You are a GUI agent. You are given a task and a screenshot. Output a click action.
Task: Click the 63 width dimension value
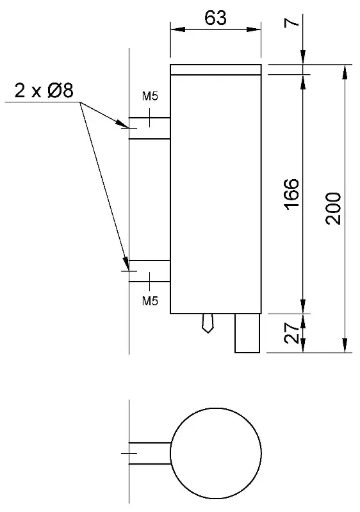215,18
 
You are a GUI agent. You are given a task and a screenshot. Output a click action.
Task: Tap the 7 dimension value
292,22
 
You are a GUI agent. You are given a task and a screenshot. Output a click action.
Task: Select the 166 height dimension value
291,194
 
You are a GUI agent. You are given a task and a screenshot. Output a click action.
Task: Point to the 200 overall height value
333,209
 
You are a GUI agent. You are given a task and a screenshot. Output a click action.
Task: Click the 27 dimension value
291,333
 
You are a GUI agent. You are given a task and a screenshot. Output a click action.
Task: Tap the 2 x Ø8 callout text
44,90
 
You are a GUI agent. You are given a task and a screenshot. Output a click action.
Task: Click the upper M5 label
150,97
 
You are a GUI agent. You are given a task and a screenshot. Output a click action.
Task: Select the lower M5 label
150,301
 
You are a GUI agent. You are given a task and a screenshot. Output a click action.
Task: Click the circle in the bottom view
216,408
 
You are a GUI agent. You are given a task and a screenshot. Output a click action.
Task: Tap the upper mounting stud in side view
150,128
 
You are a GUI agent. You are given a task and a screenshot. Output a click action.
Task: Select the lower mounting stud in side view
150,271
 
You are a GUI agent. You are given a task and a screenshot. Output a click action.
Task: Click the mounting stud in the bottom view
150,453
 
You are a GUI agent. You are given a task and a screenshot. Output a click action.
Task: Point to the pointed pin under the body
208,323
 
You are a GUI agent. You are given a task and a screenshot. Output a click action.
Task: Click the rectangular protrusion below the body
247,333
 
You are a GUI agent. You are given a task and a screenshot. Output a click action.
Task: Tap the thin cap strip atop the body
216,70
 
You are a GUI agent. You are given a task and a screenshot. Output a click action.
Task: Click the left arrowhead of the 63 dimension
177,29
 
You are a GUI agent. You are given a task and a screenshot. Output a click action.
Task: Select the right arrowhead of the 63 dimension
254,29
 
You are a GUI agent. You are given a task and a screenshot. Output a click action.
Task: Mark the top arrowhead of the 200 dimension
345,72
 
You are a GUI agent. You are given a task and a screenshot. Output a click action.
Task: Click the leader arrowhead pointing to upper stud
122,124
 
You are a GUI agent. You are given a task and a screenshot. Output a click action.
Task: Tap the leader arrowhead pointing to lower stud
126,264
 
